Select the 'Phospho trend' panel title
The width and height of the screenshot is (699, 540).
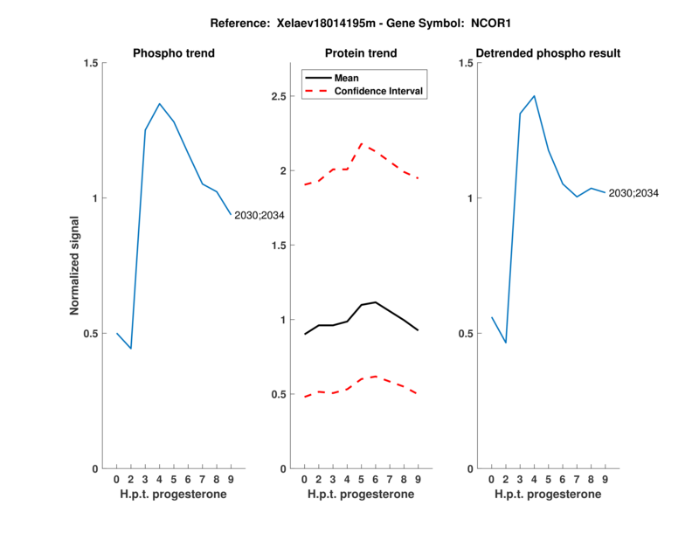174,53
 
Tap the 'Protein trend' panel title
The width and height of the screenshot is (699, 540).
361,53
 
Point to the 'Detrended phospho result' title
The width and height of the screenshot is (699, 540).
547,53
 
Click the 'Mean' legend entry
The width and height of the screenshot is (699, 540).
347,78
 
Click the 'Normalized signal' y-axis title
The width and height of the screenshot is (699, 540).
76,266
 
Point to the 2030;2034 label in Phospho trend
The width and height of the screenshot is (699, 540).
260,215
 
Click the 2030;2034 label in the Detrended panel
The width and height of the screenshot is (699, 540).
633,193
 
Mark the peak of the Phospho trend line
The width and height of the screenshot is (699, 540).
159,104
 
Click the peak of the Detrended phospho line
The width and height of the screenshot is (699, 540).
534,96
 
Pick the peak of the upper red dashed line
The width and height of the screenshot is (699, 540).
362,143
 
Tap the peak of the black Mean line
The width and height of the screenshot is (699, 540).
376,302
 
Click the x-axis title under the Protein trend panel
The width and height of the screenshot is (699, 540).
361,495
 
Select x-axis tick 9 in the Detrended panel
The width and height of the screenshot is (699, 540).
605,480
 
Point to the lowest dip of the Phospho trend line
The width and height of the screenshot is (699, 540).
130,349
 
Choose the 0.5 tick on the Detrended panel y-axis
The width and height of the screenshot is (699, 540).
467,334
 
